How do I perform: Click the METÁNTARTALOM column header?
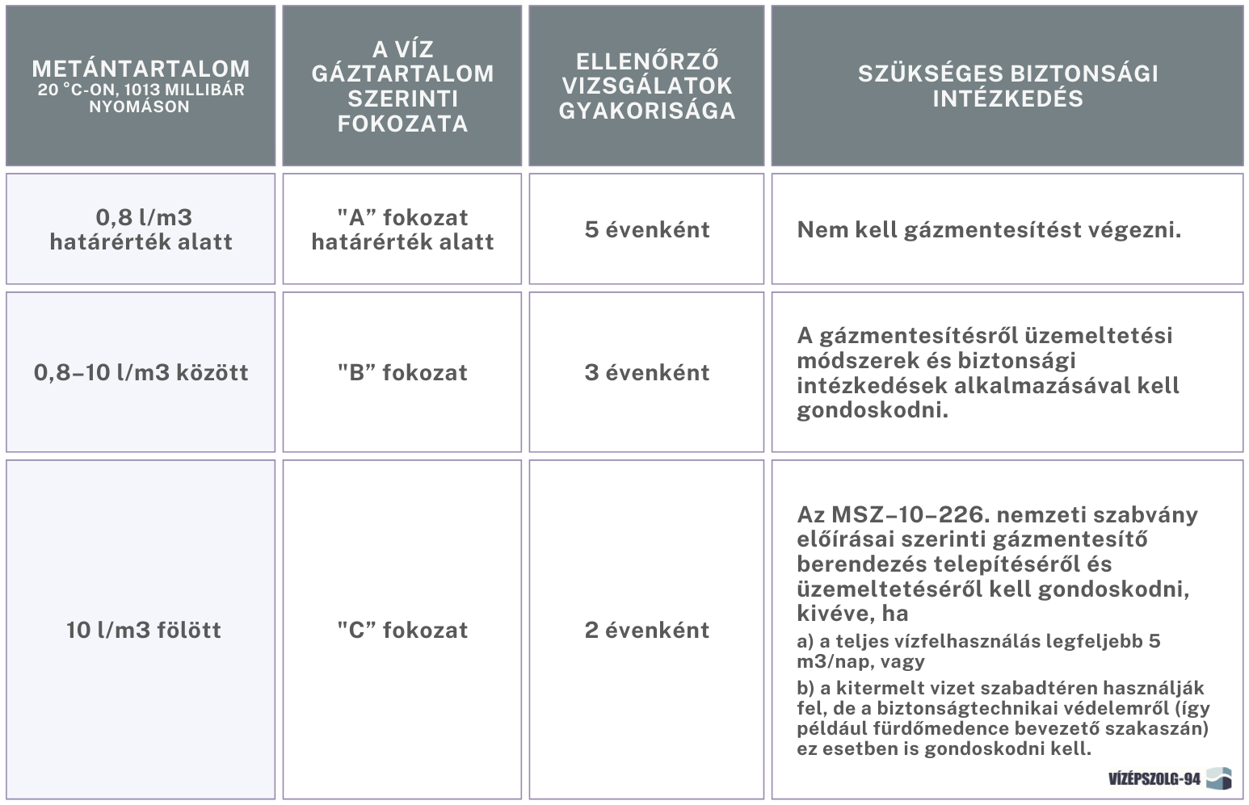pos(141,69)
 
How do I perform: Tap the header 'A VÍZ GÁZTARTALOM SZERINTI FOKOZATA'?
pos(402,86)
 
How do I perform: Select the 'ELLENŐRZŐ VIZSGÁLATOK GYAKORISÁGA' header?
pos(646,86)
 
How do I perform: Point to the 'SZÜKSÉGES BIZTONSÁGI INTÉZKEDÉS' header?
pos(1007,86)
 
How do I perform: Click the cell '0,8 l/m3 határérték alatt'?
pos(141,229)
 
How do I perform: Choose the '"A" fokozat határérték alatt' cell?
pos(402,229)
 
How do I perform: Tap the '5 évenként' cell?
pos(646,229)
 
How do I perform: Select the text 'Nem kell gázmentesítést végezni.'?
pos(989,230)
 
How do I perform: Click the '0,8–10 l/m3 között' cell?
pos(141,372)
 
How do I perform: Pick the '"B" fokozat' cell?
pos(402,372)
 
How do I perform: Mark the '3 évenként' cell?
pos(646,372)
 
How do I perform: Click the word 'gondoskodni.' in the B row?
pos(873,411)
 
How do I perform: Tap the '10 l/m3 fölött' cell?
pos(143,630)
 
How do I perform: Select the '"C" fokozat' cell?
pos(402,630)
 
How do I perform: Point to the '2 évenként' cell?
pos(646,630)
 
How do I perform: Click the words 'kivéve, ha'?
pos(852,614)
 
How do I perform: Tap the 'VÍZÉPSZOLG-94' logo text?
pos(1154,779)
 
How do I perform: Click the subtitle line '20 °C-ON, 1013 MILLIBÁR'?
pos(141,90)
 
